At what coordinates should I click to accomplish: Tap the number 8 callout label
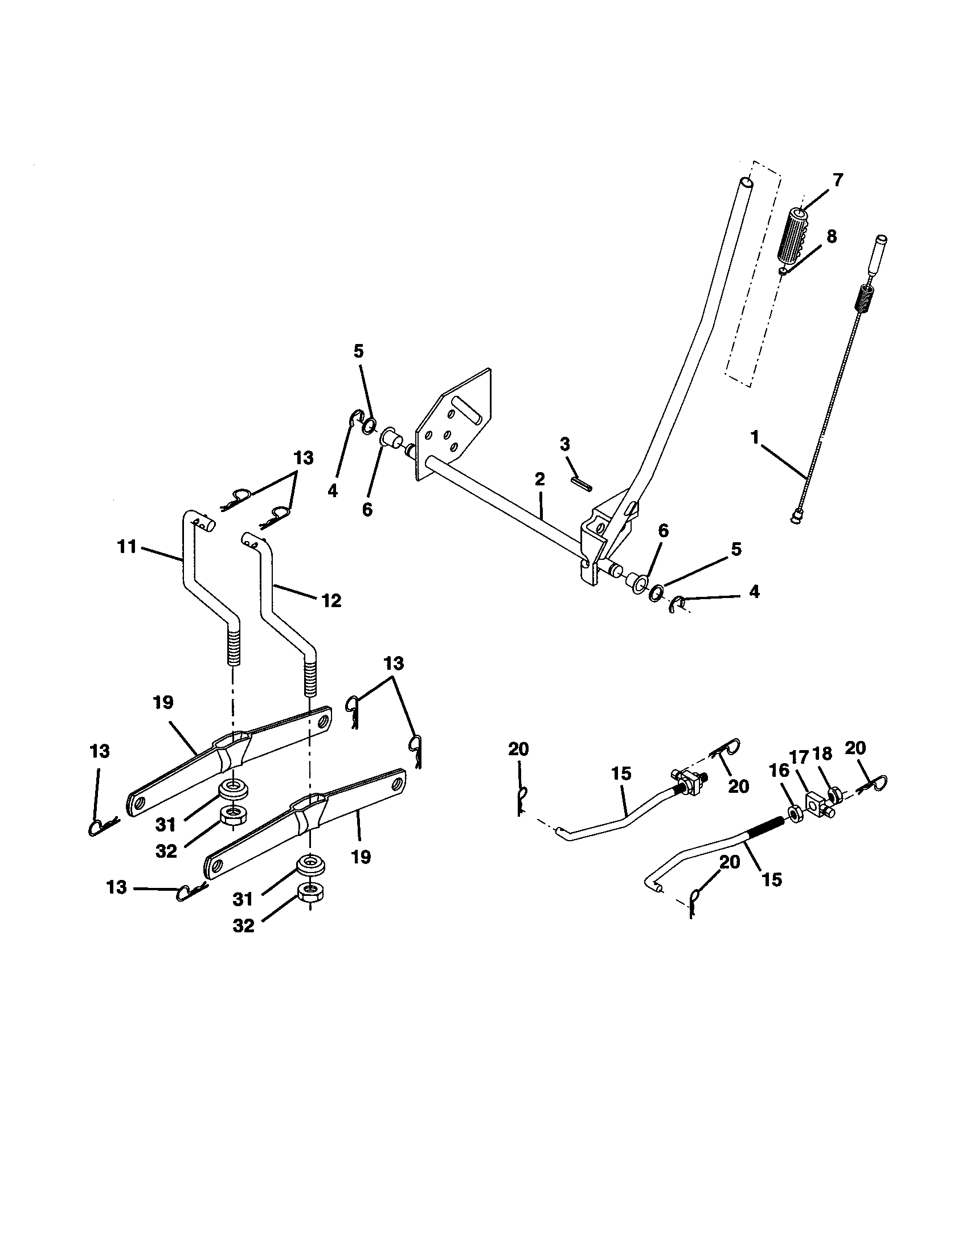831,236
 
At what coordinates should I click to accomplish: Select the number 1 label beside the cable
755,437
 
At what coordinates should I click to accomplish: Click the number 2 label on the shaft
539,479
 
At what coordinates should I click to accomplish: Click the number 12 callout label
331,601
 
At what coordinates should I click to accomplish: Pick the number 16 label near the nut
779,771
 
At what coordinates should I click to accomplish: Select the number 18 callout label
822,754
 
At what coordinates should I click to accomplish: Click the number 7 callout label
838,180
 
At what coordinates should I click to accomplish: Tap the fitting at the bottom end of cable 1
795,519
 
